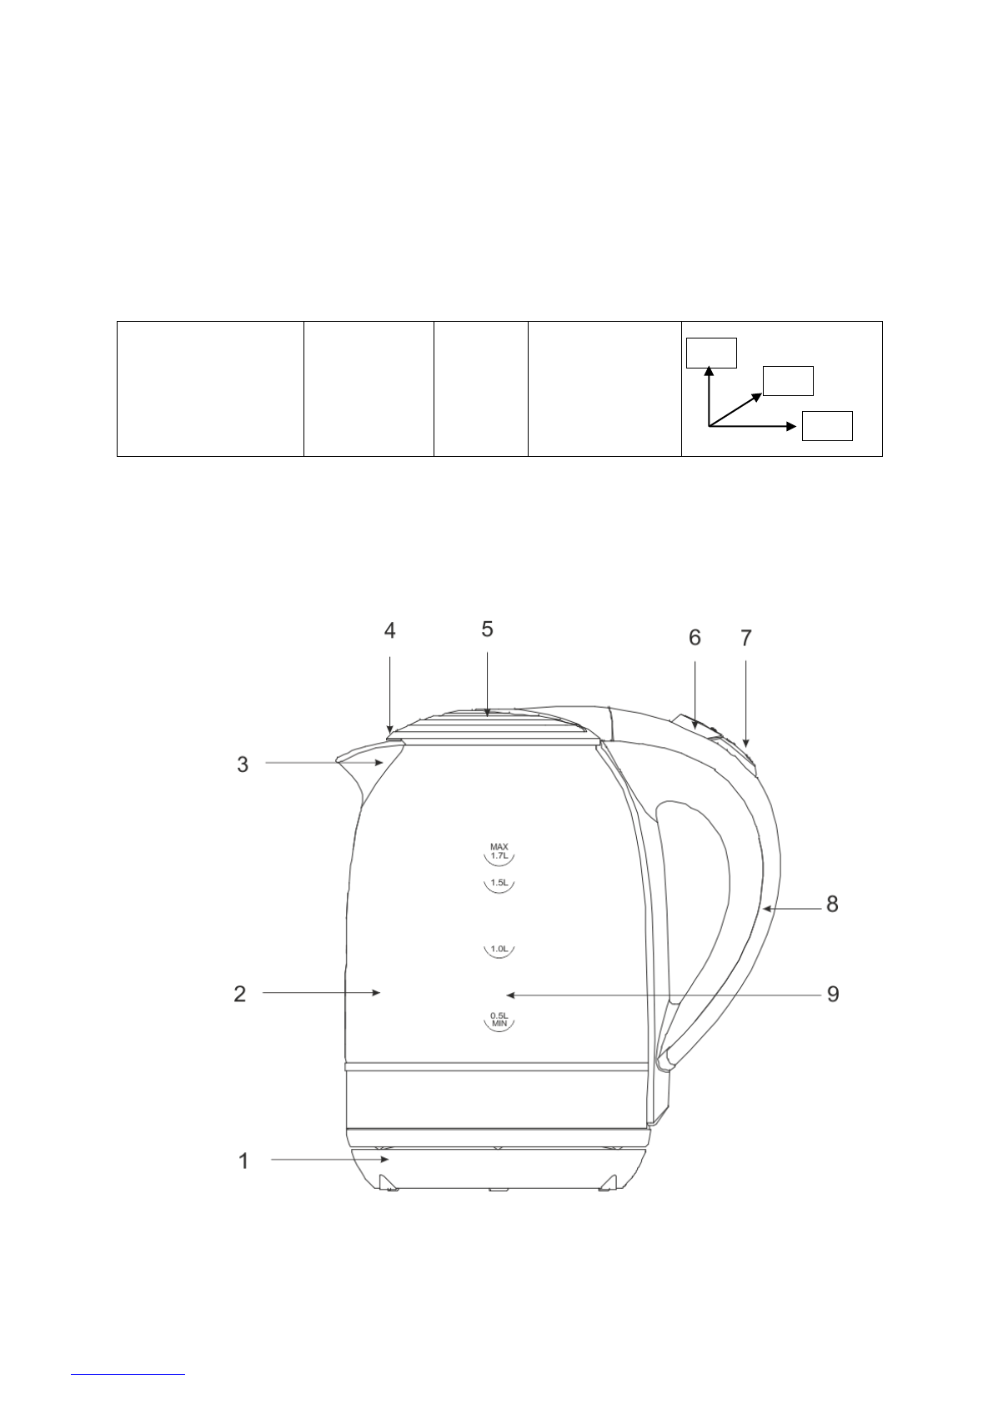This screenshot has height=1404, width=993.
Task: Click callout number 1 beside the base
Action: [243, 1161]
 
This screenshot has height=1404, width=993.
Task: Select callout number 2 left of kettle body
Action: [240, 994]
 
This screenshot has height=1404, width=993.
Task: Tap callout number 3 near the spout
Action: [243, 764]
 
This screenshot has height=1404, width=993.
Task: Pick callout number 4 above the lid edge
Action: [390, 630]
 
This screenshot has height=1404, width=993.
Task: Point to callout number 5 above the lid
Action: [487, 629]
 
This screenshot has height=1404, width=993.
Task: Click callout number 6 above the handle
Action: [695, 638]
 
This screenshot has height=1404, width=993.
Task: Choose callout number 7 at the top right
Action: [745, 638]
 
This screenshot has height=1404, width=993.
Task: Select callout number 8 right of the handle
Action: [832, 904]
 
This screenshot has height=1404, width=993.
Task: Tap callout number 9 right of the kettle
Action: [833, 994]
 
